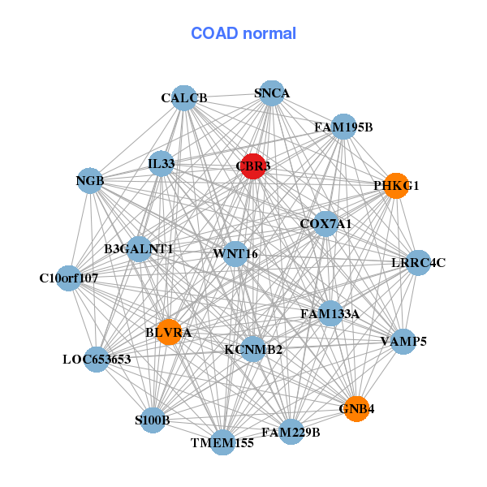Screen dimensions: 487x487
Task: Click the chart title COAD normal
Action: coord(243,33)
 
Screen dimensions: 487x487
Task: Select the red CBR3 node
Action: coord(252,166)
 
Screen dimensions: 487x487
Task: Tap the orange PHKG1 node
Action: coord(395,185)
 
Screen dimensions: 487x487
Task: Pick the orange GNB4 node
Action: coord(357,408)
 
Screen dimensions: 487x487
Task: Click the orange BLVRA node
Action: coord(169,332)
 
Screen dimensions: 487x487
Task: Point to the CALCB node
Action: coord(184,97)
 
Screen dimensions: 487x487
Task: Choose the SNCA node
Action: coord(272,93)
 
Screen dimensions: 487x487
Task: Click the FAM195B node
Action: coord(343,127)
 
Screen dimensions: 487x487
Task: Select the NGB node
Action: coord(90,180)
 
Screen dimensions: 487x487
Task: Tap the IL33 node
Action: coord(162,163)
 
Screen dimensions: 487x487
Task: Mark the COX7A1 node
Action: coord(325,223)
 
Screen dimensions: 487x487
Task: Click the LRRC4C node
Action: coord(418,262)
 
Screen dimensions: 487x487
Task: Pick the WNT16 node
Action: coord(235,253)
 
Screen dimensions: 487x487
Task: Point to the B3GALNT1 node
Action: coord(139,248)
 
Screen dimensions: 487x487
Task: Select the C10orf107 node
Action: coord(69,278)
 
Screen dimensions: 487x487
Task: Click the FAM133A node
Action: coord(330,312)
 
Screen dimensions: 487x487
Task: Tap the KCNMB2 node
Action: coord(253,349)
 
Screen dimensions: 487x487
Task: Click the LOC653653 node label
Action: coord(97,359)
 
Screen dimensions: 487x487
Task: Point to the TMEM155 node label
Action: coord(222,443)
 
